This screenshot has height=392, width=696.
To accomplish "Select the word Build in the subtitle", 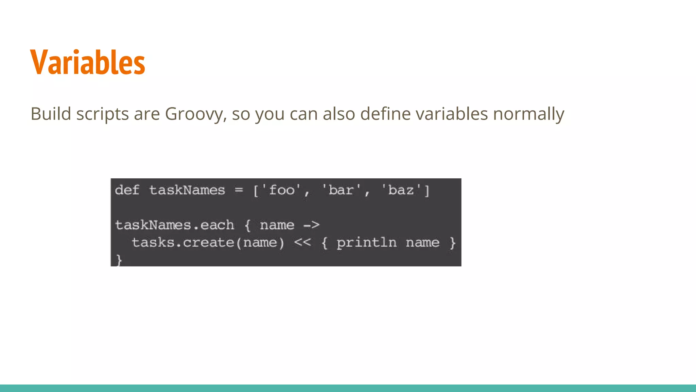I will (x=51, y=114).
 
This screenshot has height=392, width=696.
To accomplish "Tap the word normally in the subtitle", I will (x=528, y=114).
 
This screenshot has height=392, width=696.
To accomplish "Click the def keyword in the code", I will (x=127, y=190).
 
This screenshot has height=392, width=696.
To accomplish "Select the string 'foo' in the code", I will (x=281, y=190).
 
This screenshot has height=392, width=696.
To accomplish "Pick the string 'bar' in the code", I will (x=341, y=190).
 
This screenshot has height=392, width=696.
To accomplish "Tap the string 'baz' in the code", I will (x=401, y=190).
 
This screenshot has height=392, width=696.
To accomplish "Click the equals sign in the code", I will (x=239, y=190).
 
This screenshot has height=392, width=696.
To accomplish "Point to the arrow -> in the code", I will (x=311, y=225).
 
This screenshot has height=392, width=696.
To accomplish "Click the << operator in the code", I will (x=302, y=243).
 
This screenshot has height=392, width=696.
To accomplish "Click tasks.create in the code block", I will (x=183, y=243).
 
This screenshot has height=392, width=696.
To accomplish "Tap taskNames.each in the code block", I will (x=175, y=225).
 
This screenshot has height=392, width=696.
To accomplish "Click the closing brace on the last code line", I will (x=119, y=260).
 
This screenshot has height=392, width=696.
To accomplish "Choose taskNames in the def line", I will (x=187, y=190).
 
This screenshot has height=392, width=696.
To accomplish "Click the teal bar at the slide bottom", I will (x=348, y=388).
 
